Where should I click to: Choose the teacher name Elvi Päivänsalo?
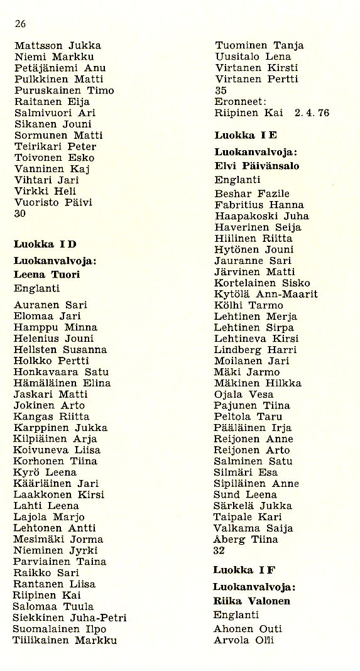pos(257,166)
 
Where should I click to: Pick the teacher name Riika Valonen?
pos(252,601)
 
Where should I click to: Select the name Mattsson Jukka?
pos(57,46)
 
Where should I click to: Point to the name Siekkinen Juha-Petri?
pos(70,618)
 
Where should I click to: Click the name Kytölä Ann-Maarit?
pos(266,294)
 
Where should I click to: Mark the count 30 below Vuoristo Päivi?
pos(19,214)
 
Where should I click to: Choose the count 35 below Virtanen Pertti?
pos(221,90)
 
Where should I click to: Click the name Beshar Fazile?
pos(252,194)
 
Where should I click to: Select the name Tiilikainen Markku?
pos(65,641)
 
